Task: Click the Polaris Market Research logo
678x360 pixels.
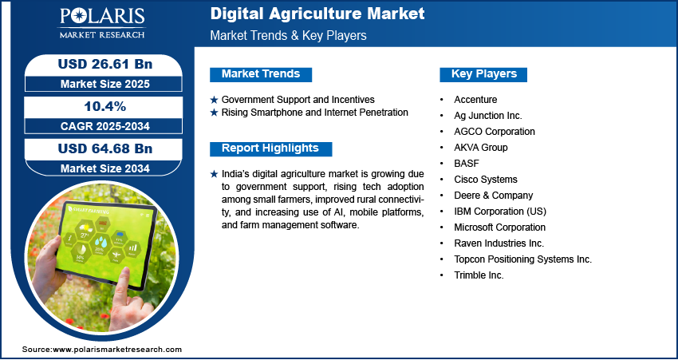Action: click(102, 23)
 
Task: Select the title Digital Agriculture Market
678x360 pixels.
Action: click(317, 14)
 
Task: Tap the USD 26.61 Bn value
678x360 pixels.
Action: click(105, 64)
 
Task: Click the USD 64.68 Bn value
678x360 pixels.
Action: click(105, 148)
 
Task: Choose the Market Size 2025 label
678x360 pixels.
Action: click(105, 84)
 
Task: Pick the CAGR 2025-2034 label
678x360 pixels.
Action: click(105, 126)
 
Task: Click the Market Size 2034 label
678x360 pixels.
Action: click(105, 168)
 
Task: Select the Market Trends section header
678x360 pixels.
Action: click(261, 74)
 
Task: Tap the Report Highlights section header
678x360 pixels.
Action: click(270, 148)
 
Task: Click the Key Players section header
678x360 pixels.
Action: click(484, 74)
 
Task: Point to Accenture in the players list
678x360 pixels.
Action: click(475, 100)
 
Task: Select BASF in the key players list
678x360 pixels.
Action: click(467, 163)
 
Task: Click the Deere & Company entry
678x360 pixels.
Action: click(494, 195)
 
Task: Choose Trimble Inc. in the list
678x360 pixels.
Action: click(479, 275)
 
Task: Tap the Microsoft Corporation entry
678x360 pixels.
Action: click(499, 227)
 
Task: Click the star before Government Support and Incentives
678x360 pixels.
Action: click(214, 100)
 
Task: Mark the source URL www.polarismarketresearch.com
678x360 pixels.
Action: click(117, 349)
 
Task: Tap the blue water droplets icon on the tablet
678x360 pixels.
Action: click(101, 242)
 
